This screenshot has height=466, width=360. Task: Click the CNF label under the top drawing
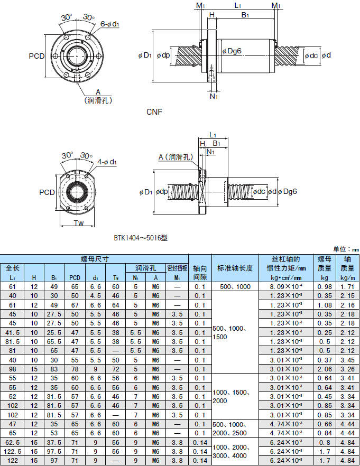(x=154, y=112)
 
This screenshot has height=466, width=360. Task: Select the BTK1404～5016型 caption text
(x=140, y=238)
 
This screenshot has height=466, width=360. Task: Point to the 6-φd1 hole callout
(x=109, y=24)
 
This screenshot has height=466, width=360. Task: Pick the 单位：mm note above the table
(x=346, y=249)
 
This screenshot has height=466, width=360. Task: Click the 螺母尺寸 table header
(x=95, y=259)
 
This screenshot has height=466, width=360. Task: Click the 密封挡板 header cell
(x=177, y=268)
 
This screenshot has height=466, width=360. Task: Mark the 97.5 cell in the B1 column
(x=54, y=452)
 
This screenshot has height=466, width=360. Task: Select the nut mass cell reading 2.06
(x=324, y=369)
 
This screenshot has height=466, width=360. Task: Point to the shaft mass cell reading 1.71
(x=347, y=286)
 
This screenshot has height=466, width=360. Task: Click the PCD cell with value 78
(x=75, y=369)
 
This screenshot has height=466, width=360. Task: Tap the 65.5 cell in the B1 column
(x=54, y=341)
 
